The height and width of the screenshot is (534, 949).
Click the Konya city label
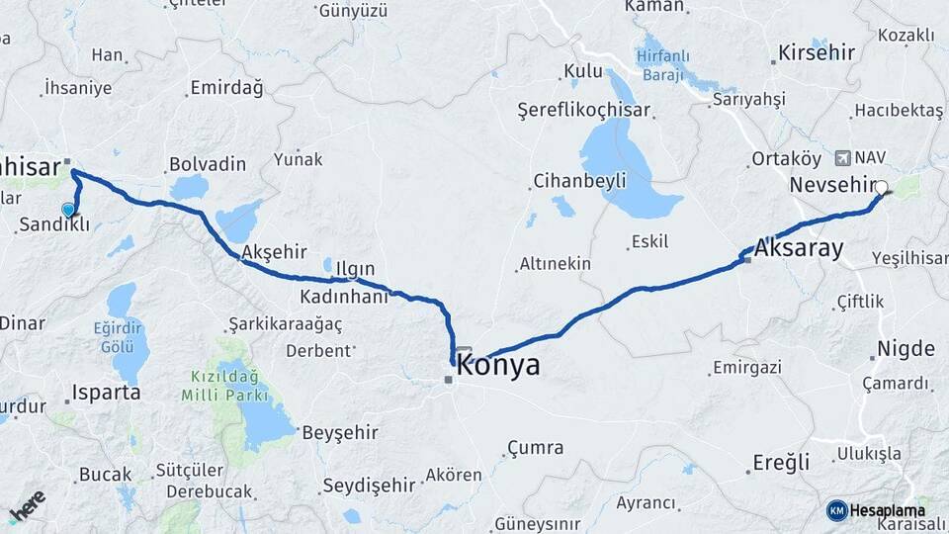pos(498,366)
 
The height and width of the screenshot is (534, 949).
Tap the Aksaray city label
pos(799,249)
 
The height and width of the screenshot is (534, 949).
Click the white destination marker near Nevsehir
pos(881,187)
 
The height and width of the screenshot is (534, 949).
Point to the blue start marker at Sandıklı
pos(68,210)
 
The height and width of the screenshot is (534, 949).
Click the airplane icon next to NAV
pos(842,157)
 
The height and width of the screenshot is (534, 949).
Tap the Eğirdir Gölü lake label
pos(117,338)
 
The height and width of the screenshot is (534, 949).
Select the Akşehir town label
pos(274,251)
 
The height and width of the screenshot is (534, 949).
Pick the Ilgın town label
pos(354,269)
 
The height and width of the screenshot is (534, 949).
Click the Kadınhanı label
pos(344,297)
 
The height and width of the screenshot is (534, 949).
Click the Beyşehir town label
pos(338,432)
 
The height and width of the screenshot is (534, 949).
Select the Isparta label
pos(106,393)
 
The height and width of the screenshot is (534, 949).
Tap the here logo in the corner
pos(27,506)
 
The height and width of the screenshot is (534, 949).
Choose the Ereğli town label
pos(781,462)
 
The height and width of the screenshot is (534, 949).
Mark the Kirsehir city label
pos(816,52)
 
